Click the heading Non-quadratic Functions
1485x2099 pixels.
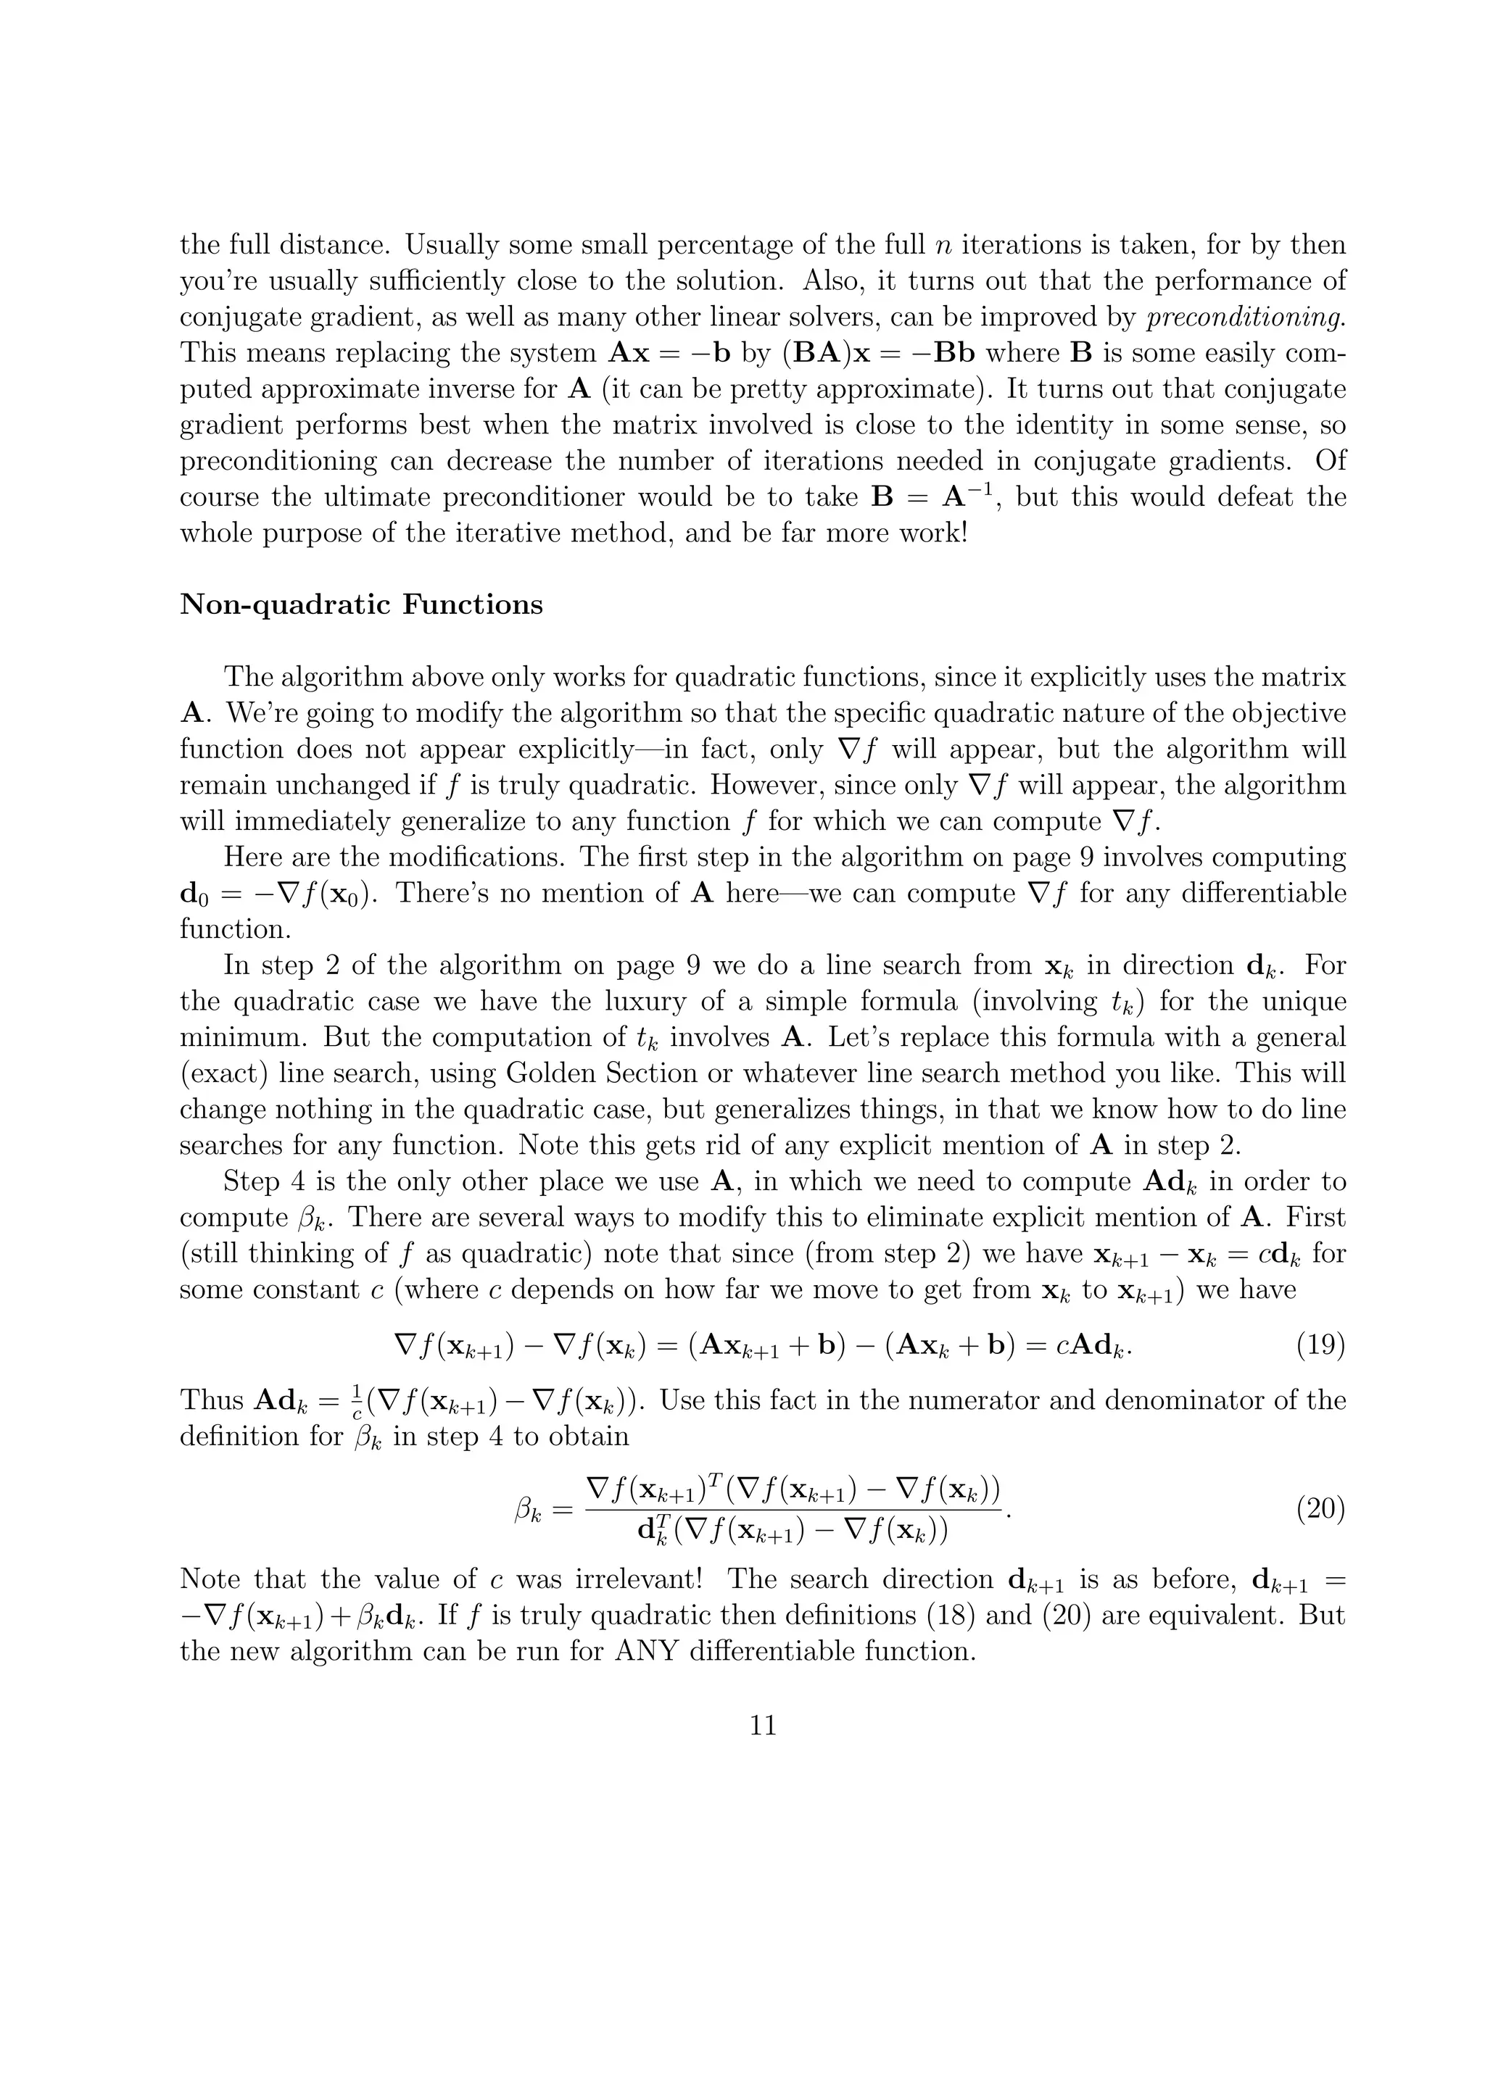click(361, 605)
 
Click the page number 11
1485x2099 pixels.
click(763, 1724)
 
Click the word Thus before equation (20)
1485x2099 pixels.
click(212, 1400)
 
